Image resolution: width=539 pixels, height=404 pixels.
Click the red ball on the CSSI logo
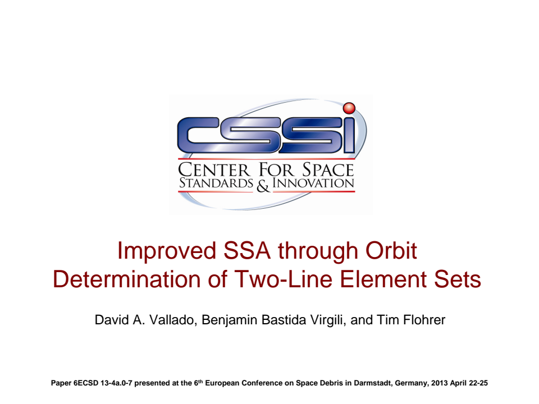pyautogui.click(x=349, y=108)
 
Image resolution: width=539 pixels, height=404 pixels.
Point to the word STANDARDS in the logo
pyautogui.click(x=216, y=183)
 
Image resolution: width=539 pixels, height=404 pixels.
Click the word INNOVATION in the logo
pyautogui.click(x=313, y=183)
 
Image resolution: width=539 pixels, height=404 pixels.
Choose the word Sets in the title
pyautogui.click(x=460, y=279)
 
